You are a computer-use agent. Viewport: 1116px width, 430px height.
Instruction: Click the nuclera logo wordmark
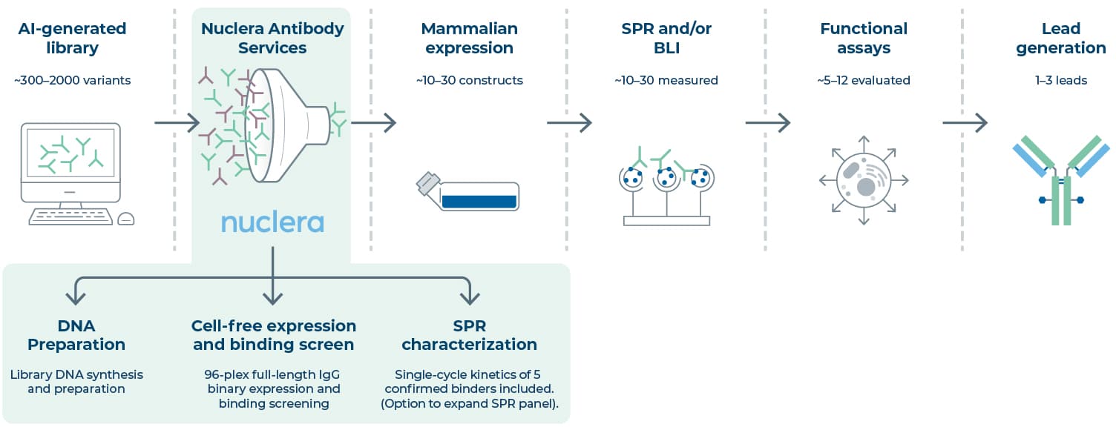(272, 223)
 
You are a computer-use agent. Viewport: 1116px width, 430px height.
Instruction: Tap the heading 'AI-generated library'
(72, 38)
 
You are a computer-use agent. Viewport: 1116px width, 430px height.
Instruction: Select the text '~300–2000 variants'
(72, 80)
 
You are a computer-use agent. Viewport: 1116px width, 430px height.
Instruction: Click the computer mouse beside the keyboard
(126, 219)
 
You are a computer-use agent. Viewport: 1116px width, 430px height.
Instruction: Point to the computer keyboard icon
(70, 216)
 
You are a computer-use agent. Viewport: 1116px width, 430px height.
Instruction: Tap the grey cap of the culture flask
(428, 183)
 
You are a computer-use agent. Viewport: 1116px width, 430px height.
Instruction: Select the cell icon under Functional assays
(864, 180)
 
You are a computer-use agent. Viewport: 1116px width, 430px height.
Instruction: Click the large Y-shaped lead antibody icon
(1061, 180)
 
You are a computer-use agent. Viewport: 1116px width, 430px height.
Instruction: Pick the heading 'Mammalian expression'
(469, 38)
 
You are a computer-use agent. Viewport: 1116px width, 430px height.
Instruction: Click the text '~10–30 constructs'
(469, 80)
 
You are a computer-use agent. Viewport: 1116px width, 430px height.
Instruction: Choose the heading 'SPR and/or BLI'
(666, 38)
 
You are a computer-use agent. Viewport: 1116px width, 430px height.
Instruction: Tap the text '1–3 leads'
(1061, 80)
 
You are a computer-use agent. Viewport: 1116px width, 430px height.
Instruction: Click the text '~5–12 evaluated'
(864, 80)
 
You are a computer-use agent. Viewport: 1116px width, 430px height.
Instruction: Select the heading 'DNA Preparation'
(76, 335)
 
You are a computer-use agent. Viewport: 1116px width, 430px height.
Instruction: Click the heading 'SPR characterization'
(469, 335)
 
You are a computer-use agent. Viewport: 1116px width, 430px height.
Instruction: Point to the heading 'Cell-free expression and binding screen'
(274, 335)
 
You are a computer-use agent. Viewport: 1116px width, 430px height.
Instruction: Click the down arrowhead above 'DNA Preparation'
(76, 298)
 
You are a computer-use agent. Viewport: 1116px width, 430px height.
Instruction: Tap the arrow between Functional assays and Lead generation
(965, 122)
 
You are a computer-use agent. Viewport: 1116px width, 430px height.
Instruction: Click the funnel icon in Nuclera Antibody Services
(286, 125)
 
